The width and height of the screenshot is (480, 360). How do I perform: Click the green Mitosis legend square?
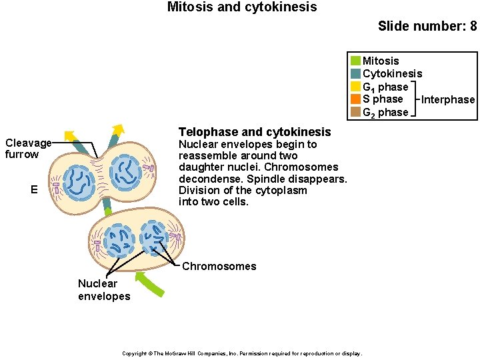[355, 61]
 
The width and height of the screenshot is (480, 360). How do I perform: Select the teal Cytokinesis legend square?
[355, 74]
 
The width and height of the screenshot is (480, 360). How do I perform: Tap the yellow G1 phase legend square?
[355, 87]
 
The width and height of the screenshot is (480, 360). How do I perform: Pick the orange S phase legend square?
[355, 99]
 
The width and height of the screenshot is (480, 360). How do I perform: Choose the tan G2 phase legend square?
[355, 112]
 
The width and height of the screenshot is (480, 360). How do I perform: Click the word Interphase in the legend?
[448, 100]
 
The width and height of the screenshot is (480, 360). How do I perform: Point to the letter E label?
[34, 190]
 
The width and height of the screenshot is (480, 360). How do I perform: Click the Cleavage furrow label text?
[27, 149]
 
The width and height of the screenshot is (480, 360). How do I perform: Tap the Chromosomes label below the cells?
[219, 267]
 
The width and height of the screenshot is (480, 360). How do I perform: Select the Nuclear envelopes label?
[104, 290]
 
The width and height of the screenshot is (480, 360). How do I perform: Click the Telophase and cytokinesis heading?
[255, 132]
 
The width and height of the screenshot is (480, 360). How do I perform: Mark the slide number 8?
[473, 27]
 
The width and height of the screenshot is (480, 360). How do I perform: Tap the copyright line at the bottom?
[242, 353]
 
